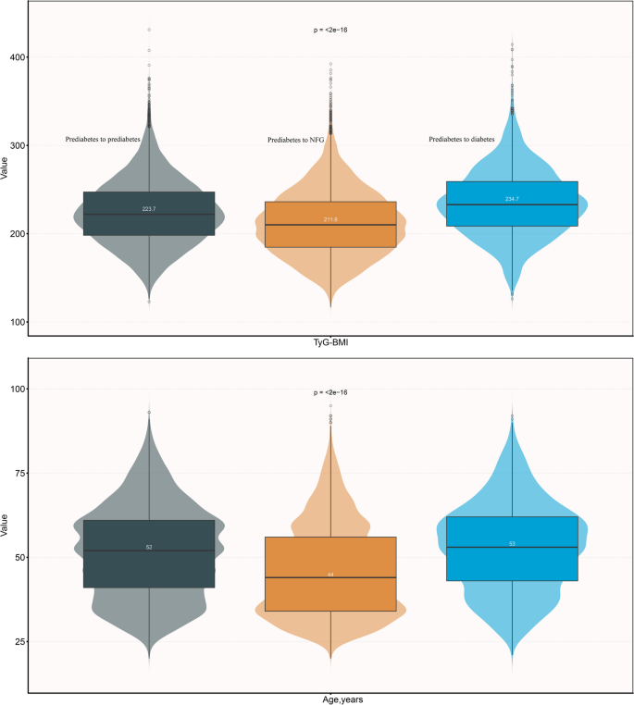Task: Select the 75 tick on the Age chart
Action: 19,473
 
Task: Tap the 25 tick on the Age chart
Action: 19,641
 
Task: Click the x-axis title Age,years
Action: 330,699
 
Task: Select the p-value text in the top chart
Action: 330,31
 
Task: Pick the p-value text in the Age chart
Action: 330,393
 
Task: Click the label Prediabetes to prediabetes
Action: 103,140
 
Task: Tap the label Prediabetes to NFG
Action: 296,141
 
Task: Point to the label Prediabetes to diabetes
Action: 462,140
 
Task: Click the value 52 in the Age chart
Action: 149,547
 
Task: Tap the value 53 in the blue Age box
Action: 512,544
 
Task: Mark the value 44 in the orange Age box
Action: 330,575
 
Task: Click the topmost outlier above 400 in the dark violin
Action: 149,30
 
